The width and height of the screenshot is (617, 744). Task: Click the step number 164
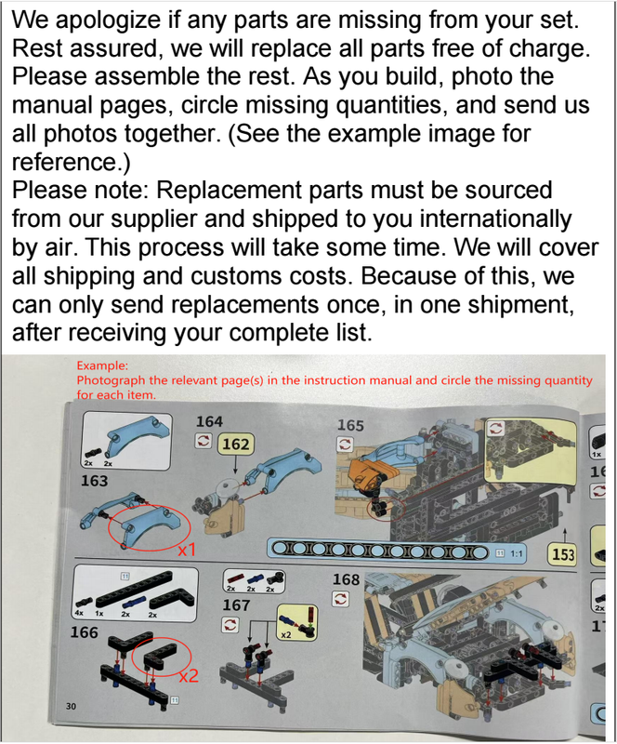(209, 421)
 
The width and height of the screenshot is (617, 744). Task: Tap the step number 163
(94, 481)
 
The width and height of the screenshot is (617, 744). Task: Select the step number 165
(350, 425)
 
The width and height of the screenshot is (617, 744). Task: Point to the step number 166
(84, 632)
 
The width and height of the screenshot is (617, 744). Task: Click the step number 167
(236, 605)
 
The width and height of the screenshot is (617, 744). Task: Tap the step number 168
(347, 579)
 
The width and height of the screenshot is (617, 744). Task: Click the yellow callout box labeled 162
(236, 445)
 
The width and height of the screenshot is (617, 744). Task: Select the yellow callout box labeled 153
(563, 554)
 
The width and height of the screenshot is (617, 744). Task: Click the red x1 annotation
(188, 550)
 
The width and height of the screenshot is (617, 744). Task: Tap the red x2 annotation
(189, 676)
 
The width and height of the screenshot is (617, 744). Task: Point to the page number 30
(71, 706)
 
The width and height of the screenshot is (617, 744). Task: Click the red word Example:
(102, 365)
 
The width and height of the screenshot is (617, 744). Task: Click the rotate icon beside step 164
(203, 441)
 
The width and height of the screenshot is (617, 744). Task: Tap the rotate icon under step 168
(340, 598)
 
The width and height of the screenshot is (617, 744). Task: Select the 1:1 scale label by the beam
(517, 553)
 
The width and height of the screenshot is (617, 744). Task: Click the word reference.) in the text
(72, 163)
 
